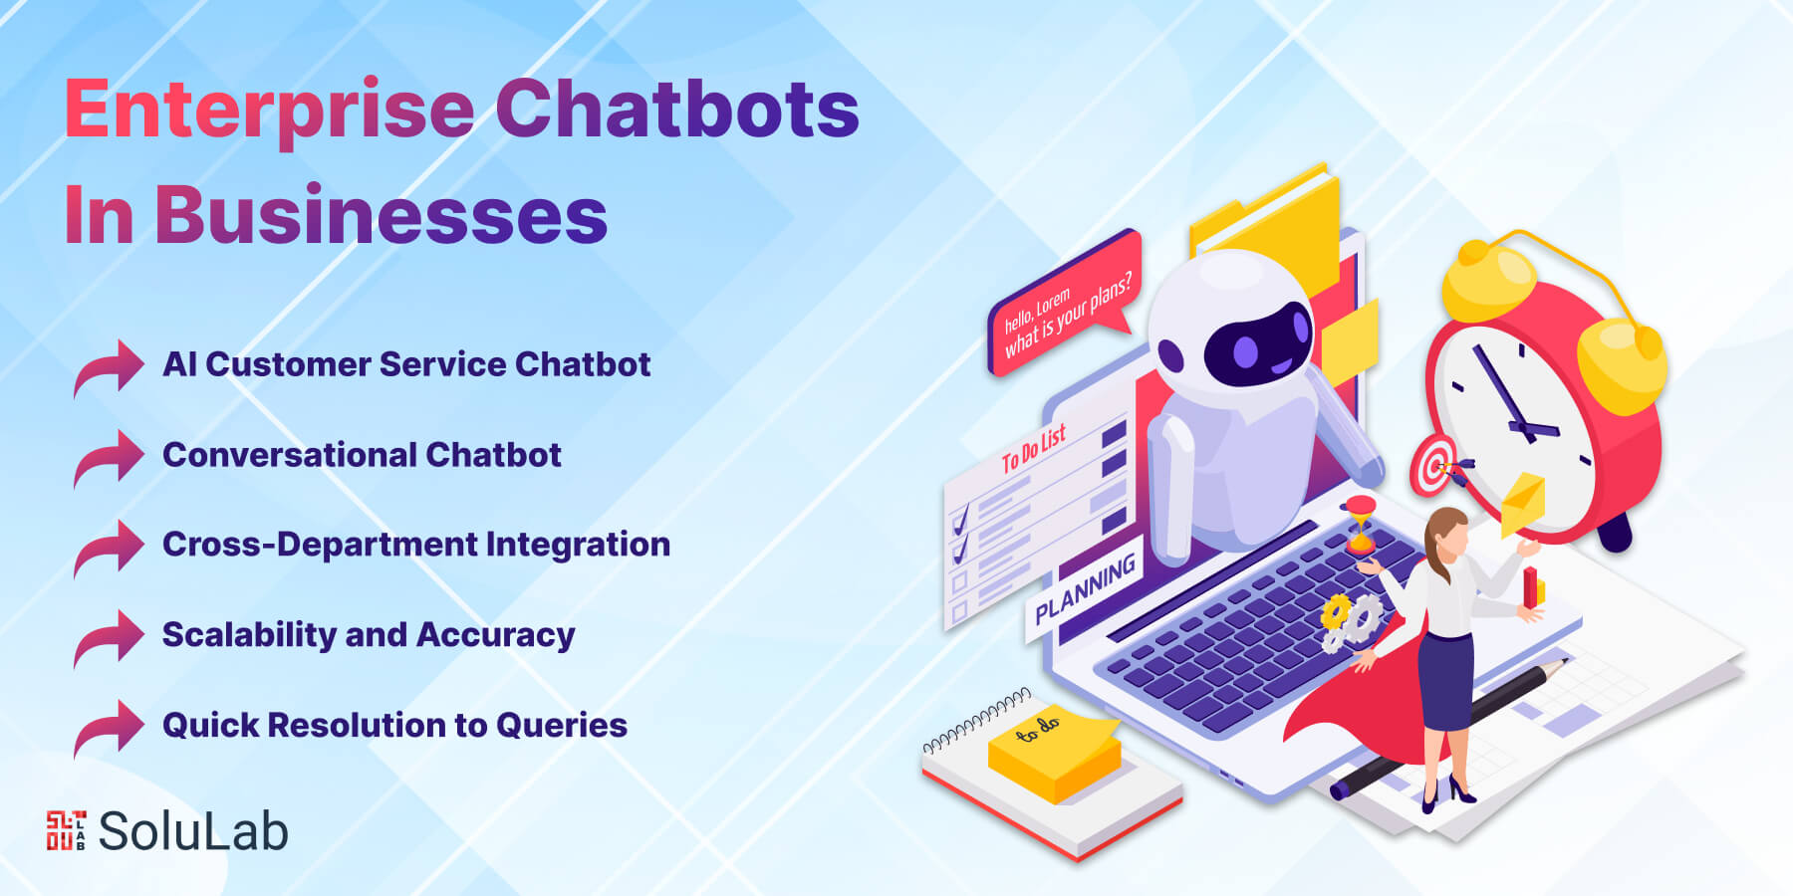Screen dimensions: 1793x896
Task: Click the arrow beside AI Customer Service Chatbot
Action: pyautogui.click(x=109, y=367)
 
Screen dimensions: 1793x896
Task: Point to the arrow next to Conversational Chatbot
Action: pyautogui.click(x=109, y=458)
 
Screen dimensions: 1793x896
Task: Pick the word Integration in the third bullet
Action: pyautogui.click(x=578, y=546)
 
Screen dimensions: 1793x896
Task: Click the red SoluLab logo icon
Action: pyautogui.click(x=66, y=830)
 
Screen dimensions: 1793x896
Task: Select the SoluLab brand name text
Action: pyautogui.click(x=193, y=830)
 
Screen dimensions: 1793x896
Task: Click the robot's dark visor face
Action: pyautogui.click(x=1257, y=346)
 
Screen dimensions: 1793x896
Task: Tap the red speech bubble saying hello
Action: pyautogui.click(x=1064, y=304)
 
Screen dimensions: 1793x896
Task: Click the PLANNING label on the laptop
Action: pyautogui.click(x=1085, y=589)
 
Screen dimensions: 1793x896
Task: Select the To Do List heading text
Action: pyautogui.click(x=1034, y=448)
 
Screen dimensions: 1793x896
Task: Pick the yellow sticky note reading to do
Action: pyautogui.click(x=1054, y=753)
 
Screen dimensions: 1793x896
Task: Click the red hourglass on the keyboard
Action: pyautogui.click(x=1361, y=525)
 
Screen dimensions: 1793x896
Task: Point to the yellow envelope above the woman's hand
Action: pyautogui.click(x=1523, y=502)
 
